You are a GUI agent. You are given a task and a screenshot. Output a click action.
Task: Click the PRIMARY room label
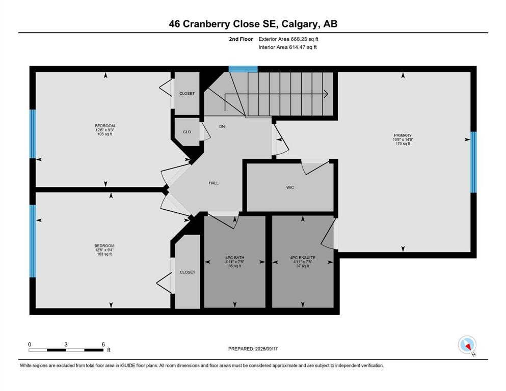(403, 135)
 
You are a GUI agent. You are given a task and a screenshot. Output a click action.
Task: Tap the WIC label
(290, 187)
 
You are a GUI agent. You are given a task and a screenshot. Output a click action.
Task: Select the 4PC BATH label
(234, 258)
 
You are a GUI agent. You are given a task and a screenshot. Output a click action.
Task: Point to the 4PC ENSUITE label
(303, 258)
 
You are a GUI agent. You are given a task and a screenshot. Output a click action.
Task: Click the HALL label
(214, 183)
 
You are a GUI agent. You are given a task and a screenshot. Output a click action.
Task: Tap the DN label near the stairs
(222, 127)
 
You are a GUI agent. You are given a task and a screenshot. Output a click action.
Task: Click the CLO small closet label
(187, 132)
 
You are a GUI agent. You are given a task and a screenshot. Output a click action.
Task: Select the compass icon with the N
(467, 345)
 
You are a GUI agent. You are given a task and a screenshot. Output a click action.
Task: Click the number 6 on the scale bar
(103, 344)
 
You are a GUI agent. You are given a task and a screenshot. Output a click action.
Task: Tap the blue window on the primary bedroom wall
(473, 162)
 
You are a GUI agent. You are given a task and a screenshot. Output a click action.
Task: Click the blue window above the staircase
(243, 69)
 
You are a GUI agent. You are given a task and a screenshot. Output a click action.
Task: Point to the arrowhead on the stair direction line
(326, 94)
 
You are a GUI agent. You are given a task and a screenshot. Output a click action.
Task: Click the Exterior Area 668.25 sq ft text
(288, 39)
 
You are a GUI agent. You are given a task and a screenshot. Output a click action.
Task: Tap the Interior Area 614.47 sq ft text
(287, 47)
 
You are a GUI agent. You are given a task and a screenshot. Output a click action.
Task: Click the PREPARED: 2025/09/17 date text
(253, 349)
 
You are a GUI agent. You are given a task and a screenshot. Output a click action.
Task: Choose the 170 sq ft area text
(403, 144)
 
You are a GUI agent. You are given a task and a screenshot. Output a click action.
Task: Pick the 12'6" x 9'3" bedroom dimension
(105, 130)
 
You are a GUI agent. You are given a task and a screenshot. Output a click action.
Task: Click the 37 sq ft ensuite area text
(303, 266)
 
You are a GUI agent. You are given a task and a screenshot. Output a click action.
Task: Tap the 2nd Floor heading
(241, 39)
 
